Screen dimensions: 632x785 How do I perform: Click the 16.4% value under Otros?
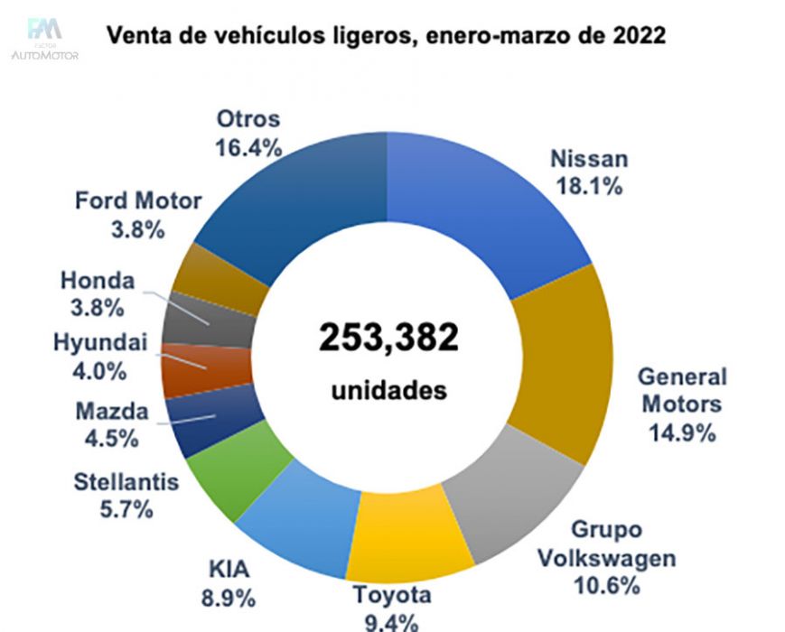pos(248,146)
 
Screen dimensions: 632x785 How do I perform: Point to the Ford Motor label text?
pos(138,200)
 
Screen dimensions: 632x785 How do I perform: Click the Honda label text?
pos(97,281)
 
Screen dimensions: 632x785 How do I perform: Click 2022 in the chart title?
pos(636,37)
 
